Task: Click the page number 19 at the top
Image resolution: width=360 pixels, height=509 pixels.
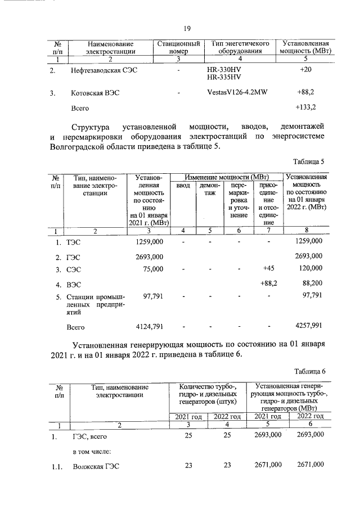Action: (187, 29)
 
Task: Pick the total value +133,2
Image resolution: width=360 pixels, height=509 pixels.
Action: (306, 107)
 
